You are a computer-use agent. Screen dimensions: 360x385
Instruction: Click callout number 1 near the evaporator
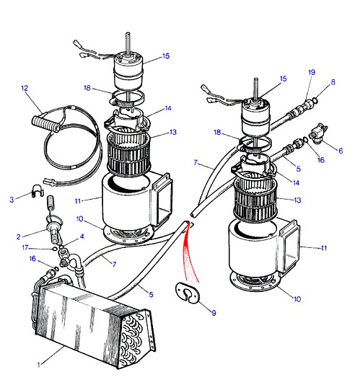(39, 365)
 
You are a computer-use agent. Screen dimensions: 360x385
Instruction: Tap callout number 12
(25, 88)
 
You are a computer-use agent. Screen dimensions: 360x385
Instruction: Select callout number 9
(214, 313)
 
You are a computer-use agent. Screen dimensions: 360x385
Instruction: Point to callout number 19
(312, 72)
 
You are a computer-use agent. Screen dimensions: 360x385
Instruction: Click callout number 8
(333, 82)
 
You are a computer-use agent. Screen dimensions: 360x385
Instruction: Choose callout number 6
(341, 151)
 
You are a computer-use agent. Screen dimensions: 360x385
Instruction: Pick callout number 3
(12, 200)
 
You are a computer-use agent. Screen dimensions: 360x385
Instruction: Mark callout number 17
(25, 247)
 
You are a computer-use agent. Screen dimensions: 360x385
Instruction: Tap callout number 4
(82, 236)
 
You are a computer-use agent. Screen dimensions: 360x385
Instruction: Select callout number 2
(19, 237)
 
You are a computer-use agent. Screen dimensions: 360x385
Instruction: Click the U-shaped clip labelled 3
(38, 190)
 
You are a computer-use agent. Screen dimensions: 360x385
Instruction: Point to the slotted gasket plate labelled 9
(188, 293)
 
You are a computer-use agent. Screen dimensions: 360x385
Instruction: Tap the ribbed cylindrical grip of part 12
(46, 123)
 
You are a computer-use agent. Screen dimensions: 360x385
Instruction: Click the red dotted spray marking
(190, 253)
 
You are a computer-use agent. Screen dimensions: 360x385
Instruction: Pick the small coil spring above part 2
(51, 202)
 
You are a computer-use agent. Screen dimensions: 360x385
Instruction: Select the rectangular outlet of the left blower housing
(163, 199)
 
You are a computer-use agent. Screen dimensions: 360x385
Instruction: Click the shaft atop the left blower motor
(128, 43)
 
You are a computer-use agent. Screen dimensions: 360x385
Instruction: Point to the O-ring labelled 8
(315, 100)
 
